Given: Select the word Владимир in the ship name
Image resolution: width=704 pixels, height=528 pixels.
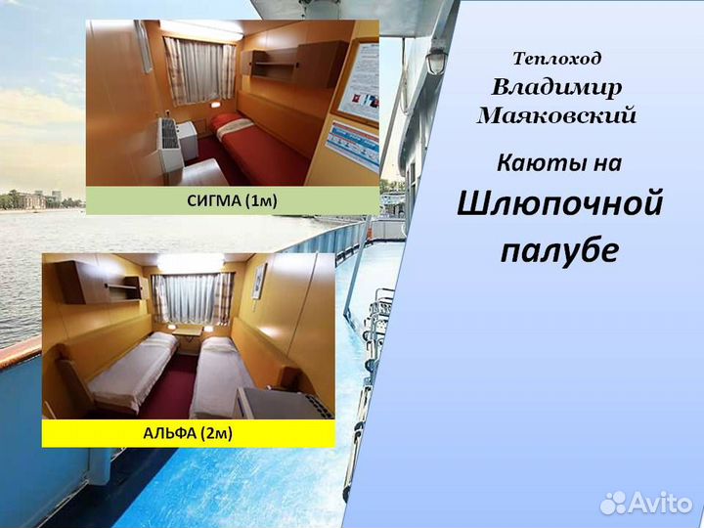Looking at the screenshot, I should click(x=556, y=87).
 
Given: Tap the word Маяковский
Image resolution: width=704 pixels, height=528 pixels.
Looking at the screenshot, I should click(x=556, y=115).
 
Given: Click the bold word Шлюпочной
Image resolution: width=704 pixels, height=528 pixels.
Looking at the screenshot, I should click(x=559, y=203).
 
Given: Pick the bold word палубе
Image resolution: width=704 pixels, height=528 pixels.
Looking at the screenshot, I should click(x=559, y=249).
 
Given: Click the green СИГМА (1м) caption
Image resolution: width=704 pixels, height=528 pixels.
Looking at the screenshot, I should click(x=232, y=200).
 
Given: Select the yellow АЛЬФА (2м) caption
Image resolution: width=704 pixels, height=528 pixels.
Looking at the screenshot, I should click(x=189, y=433).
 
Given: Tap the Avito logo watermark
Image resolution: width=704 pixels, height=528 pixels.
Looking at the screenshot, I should click(x=646, y=503).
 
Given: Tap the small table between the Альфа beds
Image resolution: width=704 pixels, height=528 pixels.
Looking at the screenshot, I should click(x=188, y=338).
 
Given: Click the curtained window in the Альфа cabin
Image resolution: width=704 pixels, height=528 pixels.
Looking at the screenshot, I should click(x=192, y=296).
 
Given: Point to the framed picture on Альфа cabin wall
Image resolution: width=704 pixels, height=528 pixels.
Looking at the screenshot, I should click(x=259, y=281).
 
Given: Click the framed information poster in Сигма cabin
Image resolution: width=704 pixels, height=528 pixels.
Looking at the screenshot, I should click(x=359, y=84).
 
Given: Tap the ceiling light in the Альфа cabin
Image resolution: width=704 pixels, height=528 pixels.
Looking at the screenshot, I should click(x=191, y=261).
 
